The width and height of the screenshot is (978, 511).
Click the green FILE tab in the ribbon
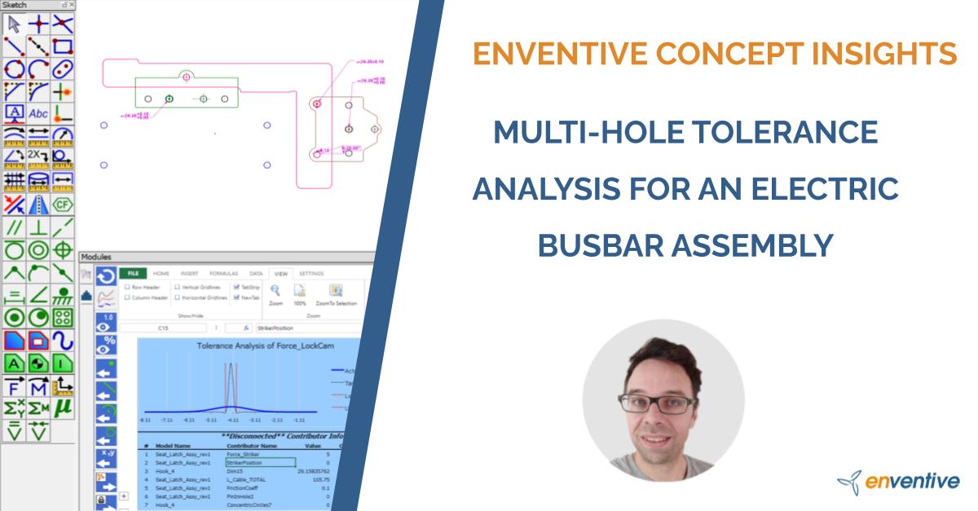(131, 274)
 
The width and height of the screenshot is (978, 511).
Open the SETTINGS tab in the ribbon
(311, 274)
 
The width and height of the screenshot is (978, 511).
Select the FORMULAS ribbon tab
(222, 274)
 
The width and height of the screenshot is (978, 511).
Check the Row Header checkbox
(127, 287)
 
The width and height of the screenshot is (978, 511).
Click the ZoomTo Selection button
(336, 294)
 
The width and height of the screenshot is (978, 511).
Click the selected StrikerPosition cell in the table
(260, 462)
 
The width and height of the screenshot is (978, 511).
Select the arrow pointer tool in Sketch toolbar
(14, 23)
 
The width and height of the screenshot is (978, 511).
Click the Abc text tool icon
(38, 112)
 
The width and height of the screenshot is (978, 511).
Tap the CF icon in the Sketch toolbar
(63, 203)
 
